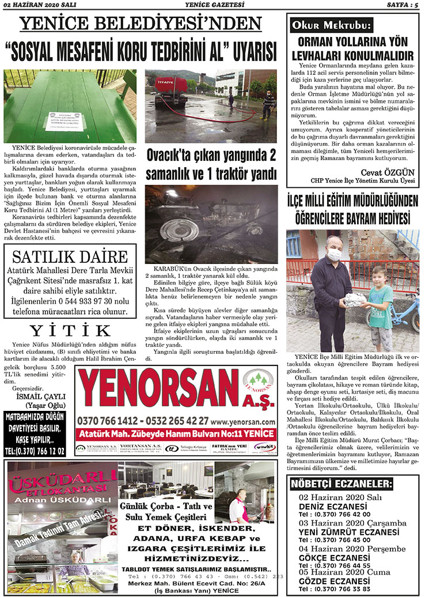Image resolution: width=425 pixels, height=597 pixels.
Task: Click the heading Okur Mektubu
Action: tap(331, 25)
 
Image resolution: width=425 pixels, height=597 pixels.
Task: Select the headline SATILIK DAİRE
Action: tap(70, 256)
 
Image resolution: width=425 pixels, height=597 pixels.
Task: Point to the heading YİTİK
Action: tap(70, 330)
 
